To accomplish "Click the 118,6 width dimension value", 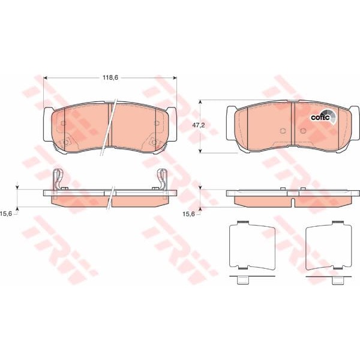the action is coord(110,77).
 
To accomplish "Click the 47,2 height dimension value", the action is coord(199,125).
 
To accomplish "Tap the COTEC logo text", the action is coord(320,118).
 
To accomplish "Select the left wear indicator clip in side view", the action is coord(58,180).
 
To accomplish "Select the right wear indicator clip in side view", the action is coord(162,180).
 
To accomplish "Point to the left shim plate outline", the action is coord(252,245).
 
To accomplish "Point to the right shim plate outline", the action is coord(329,245).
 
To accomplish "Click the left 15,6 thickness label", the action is coord(6,214).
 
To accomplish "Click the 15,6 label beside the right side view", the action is coord(188,214).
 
